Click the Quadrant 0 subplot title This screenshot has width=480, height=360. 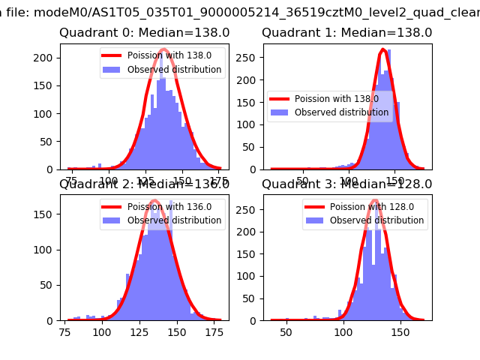(x=144, y=33)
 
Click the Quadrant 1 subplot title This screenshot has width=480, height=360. (x=346, y=33)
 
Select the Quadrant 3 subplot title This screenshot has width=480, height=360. (x=346, y=184)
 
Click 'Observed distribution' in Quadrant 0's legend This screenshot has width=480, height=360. (x=174, y=70)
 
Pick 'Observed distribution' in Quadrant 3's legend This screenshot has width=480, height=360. (x=376, y=220)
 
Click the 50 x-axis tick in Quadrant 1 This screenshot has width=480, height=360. (x=303, y=181)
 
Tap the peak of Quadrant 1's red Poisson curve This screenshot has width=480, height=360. (x=383, y=50)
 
